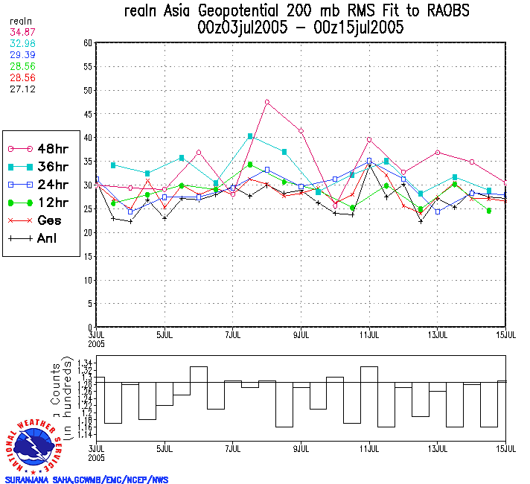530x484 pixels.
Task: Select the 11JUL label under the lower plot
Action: pos(370,449)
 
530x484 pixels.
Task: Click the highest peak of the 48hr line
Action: pos(267,102)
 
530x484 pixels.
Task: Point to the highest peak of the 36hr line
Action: pos(250,136)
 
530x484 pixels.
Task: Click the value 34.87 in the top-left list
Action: pos(20,32)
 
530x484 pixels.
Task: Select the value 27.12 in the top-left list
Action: pos(20,89)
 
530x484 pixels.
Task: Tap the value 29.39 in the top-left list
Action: pos(20,55)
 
